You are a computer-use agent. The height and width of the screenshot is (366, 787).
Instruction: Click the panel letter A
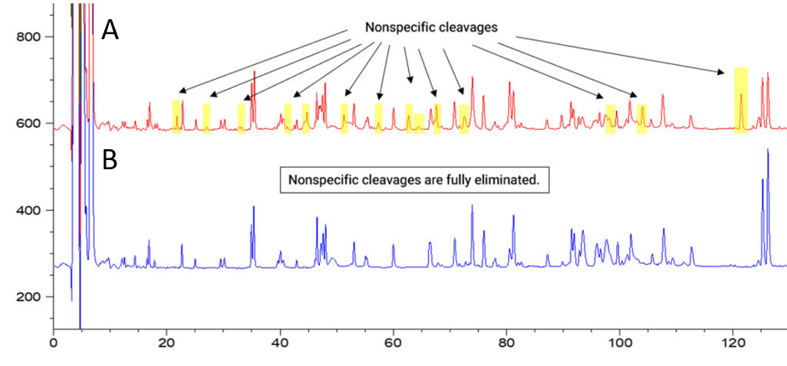pyautogui.click(x=111, y=31)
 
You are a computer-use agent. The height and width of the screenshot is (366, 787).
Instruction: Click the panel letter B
pyautogui.click(x=111, y=159)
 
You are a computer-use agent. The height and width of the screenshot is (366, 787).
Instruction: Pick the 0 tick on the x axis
pyautogui.click(x=53, y=341)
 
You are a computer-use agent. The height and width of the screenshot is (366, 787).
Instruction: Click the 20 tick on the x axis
pyautogui.click(x=167, y=341)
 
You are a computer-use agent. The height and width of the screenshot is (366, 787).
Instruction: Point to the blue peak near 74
pyautogui.click(x=472, y=206)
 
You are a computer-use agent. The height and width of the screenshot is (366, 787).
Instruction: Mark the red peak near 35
pyautogui.click(x=254, y=73)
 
